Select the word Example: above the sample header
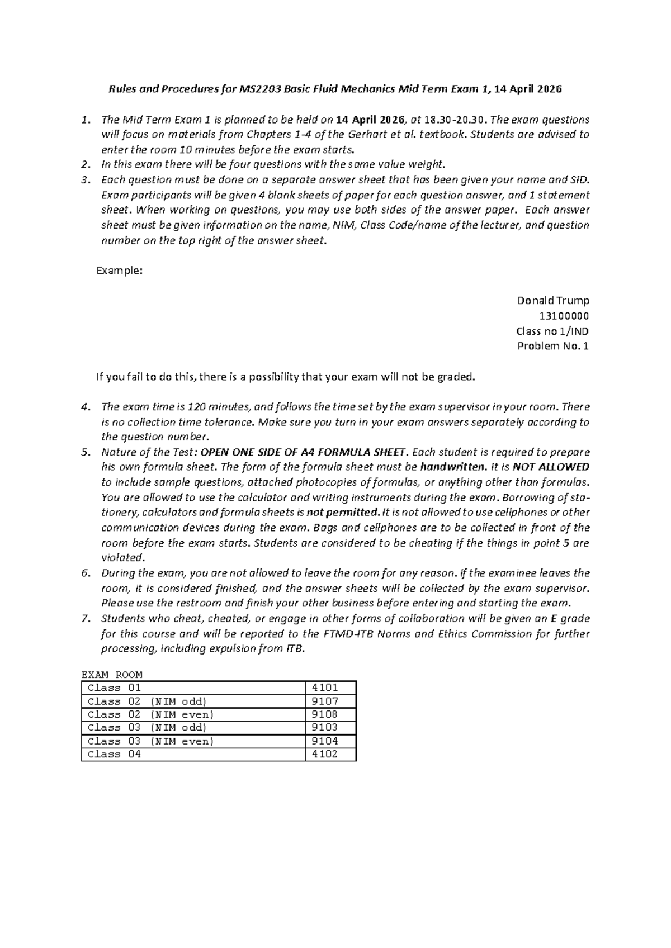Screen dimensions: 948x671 tap(120, 271)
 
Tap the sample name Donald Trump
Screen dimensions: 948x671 tap(553, 301)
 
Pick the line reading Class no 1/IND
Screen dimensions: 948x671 tap(552, 331)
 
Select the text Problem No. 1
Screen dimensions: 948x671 tap(553, 346)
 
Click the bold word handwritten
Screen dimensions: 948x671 tap(453, 467)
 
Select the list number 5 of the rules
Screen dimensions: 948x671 tap(86, 452)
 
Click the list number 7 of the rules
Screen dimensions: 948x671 tap(86, 619)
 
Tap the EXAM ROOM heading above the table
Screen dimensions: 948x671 tap(112, 675)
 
